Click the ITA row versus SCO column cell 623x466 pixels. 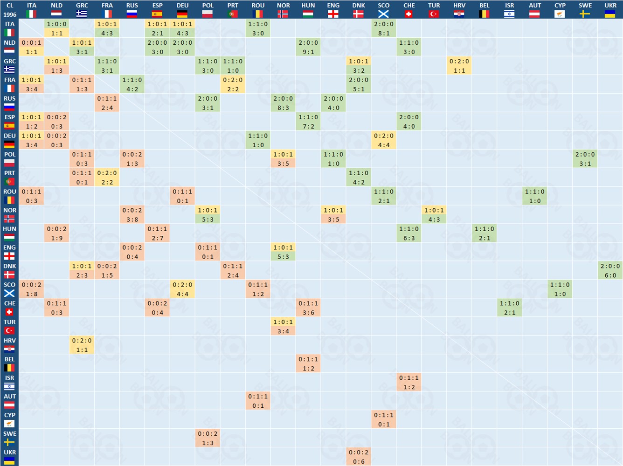coord(384,28)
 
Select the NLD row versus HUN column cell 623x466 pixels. coord(308,47)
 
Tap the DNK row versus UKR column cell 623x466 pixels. coord(610,271)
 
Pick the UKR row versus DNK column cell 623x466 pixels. coord(359,457)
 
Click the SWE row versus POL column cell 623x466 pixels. coord(208,439)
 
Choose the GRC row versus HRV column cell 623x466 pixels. coord(459,66)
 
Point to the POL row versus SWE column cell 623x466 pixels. coord(585,159)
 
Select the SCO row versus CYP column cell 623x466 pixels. coord(560,289)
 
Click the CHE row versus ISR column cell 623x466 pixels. coord(510,308)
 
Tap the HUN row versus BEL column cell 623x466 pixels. coord(485,233)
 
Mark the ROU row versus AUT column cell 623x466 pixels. coord(535,196)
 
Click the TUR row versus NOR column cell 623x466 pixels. coord(283,327)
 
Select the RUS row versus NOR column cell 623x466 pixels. coord(283,103)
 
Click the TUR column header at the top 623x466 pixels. coord(434,10)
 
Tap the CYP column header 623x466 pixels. coord(560,10)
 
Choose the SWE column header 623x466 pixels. coord(585,10)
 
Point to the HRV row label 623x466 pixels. coord(9,345)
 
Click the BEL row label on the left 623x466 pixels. coord(9,364)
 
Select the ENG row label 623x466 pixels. coord(9,252)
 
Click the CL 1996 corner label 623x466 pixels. coord(9,10)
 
